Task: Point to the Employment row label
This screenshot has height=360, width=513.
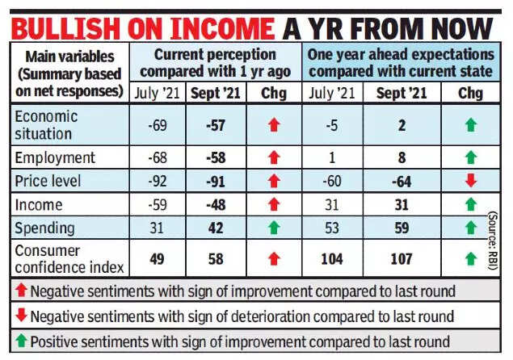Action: (54, 157)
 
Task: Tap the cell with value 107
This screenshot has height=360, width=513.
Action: (402, 259)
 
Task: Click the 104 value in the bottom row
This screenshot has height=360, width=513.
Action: (330, 259)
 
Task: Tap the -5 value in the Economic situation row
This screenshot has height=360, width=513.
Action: (330, 124)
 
